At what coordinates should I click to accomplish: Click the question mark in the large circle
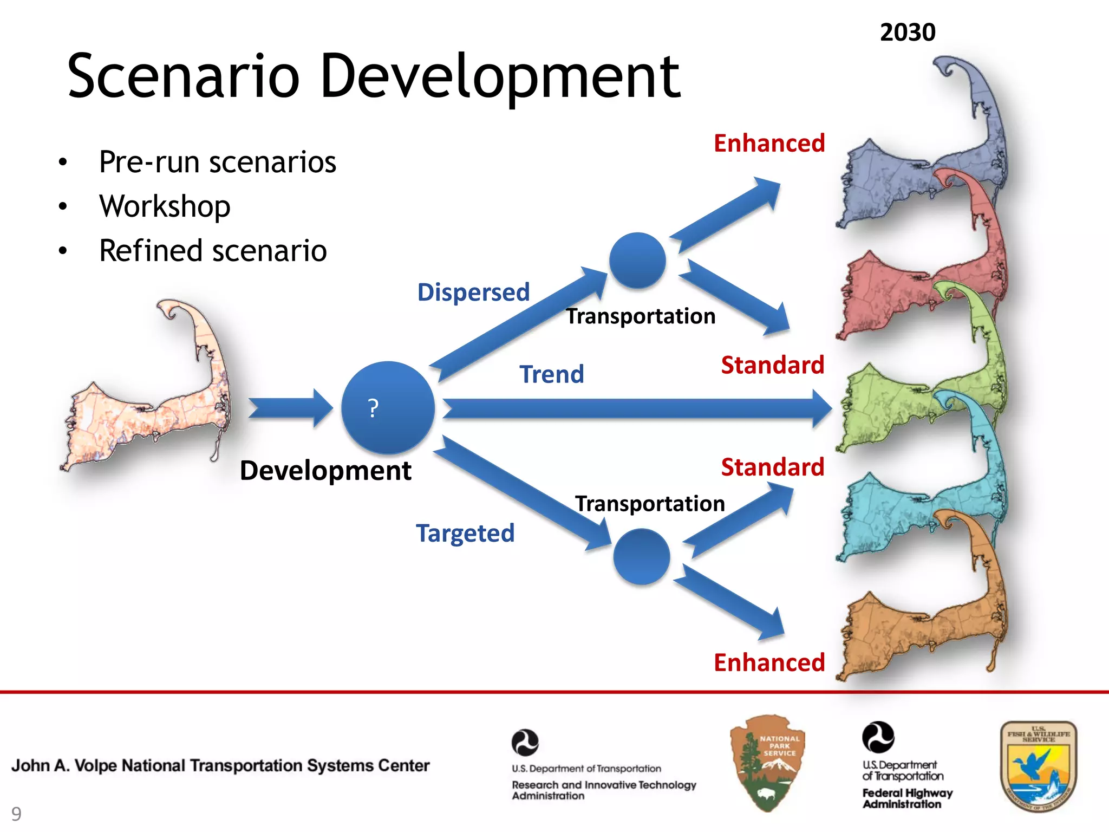(373, 408)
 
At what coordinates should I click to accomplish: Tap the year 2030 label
(908, 32)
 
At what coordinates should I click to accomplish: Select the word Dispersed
(473, 292)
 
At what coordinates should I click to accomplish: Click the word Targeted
(465, 534)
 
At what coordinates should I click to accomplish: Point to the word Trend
(552, 374)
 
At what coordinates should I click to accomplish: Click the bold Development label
(325, 470)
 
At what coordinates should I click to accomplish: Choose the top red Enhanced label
(769, 144)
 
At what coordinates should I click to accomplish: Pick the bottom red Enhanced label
(769, 662)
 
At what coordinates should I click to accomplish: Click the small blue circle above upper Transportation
(637, 261)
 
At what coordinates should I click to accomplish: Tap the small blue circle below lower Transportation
(642, 556)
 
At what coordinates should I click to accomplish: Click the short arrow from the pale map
(290, 408)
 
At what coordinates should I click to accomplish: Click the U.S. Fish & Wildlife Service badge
(1038, 766)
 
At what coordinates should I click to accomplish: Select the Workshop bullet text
(165, 206)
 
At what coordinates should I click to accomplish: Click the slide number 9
(17, 814)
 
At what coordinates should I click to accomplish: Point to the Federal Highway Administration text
(907, 798)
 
